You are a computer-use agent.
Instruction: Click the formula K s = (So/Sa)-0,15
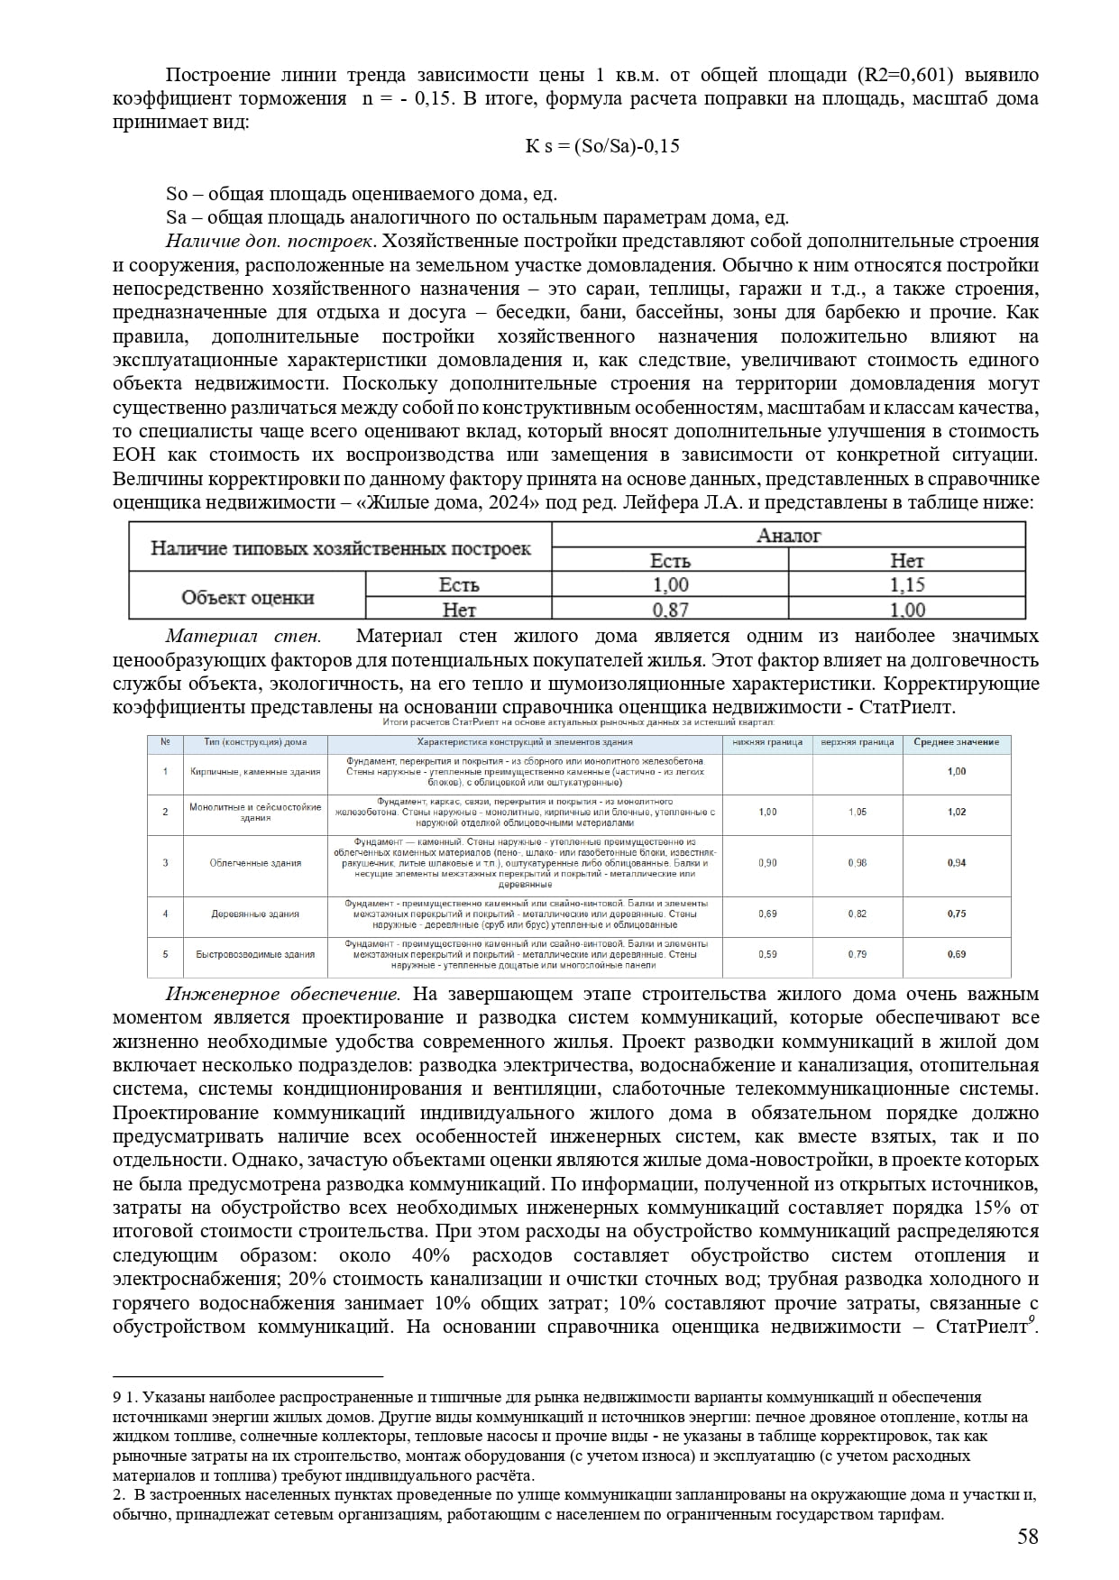[x=602, y=146]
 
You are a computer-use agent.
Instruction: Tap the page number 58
[x=1027, y=1537]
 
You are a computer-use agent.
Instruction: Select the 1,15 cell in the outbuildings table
[x=906, y=584]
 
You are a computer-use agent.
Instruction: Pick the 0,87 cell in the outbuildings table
[x=670, y=611]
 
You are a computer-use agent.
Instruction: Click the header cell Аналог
[x=788, y=536]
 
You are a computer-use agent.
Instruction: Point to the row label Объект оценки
[x=247, y=597]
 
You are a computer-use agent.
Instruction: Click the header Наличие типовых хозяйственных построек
[x=340, y=548]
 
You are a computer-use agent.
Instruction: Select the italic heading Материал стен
[x=243, y=637]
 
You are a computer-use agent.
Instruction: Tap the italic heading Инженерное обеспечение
[x=282, y=994]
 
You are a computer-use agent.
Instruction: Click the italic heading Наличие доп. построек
[x=269, y=242]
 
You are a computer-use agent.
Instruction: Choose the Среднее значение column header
[x=956, y=742]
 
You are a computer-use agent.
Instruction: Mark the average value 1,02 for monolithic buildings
[x=957, y=812]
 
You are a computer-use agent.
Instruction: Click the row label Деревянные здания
[x=255, y=914]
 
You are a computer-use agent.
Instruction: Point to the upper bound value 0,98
[x=857, y=863]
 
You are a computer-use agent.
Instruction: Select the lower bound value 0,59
[x=767, y=954]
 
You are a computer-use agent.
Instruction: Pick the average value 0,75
[x=957, y=914]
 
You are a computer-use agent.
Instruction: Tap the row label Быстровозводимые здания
[x=255, y=954]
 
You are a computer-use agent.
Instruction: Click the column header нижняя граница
[x=767, y=742]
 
